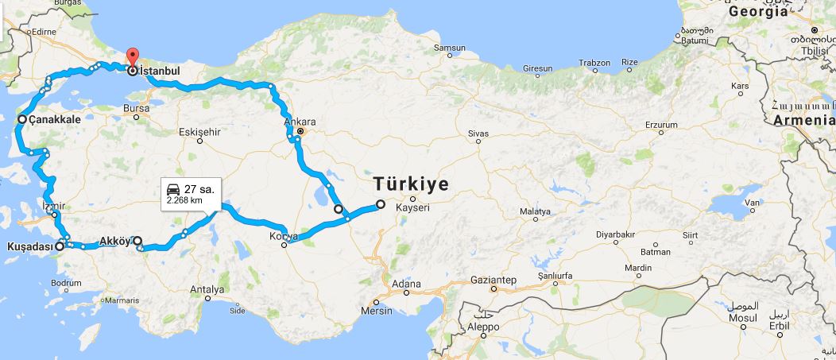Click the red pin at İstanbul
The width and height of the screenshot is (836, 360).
coord(132,57)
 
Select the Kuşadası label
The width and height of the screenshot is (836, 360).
coord(29,247)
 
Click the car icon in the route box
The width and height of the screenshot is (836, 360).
coord(172,189)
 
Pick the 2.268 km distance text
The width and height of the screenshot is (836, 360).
coord(184,201)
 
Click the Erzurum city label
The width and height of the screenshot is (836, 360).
coord(660,125)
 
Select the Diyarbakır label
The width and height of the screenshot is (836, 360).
coord(617,234)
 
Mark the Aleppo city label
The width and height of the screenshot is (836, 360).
coord(483,327)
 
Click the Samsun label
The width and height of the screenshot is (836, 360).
coord(450,48)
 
